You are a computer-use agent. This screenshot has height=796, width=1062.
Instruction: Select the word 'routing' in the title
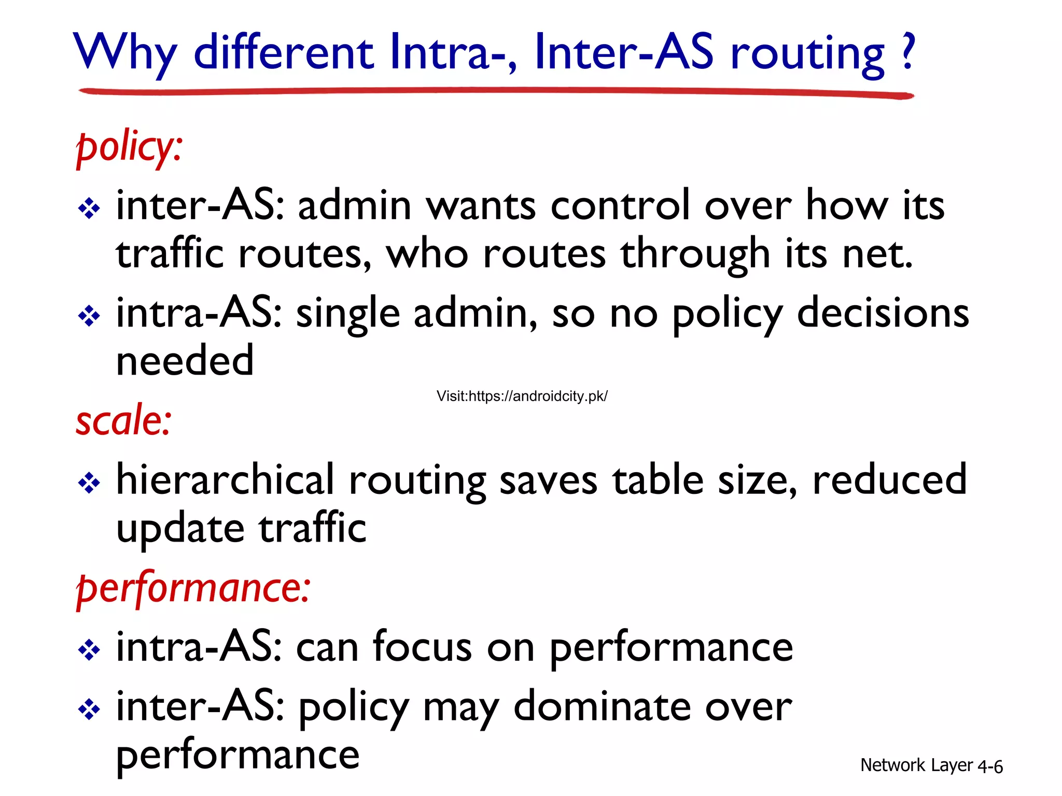807,54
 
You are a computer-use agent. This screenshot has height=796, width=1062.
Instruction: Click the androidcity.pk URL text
522,396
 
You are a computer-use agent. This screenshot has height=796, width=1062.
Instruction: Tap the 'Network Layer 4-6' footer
931,765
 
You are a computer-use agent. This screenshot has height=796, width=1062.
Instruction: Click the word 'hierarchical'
225,480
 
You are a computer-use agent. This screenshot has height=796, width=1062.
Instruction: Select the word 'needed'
185,361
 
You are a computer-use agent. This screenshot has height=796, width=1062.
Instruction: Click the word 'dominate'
602,707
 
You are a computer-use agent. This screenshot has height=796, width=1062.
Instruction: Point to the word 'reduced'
889,480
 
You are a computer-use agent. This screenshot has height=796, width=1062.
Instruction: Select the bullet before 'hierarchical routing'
89,483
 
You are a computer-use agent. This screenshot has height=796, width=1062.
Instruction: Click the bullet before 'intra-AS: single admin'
89,316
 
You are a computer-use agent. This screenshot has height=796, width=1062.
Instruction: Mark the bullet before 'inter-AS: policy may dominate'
89,709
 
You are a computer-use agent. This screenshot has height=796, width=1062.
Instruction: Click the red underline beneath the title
496,92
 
